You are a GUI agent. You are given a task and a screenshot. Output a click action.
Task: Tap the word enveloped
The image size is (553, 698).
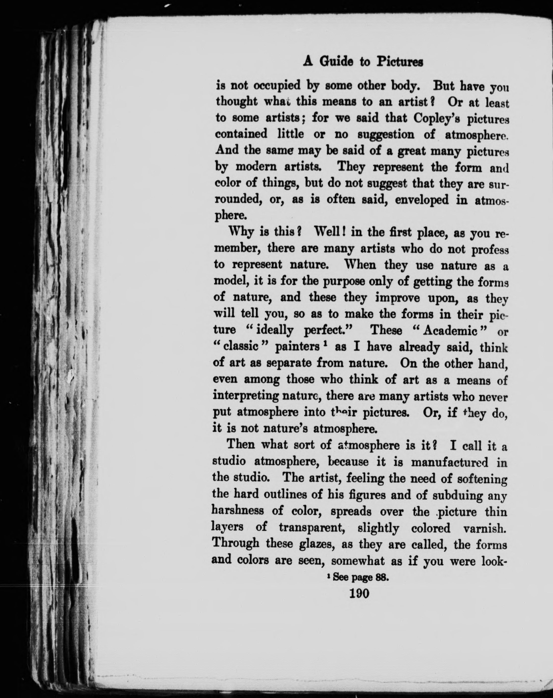click(422, 200)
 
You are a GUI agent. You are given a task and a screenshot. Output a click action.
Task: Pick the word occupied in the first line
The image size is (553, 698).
click(276, 86)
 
